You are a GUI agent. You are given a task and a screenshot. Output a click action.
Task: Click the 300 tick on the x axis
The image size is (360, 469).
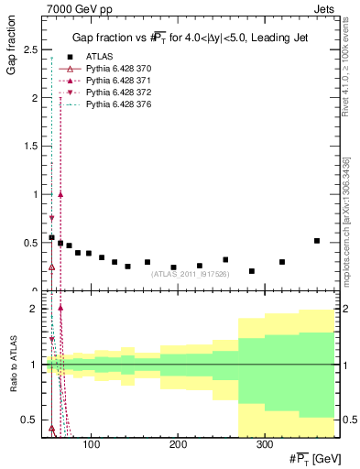coord(264,445)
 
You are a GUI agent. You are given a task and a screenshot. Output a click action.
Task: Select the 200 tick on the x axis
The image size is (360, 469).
coord(178,445)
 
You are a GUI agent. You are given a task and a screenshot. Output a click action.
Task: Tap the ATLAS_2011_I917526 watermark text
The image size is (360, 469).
coord(191,273)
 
